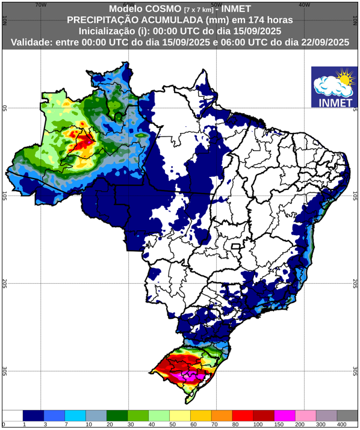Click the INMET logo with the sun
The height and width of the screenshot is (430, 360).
pos(332,87)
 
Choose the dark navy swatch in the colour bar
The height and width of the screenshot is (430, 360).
pos(33,416)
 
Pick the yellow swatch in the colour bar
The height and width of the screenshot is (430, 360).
pos(179,416)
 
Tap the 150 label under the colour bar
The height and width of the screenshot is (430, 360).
pos(274,425)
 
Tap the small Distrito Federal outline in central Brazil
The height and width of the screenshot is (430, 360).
pos(237,247)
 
